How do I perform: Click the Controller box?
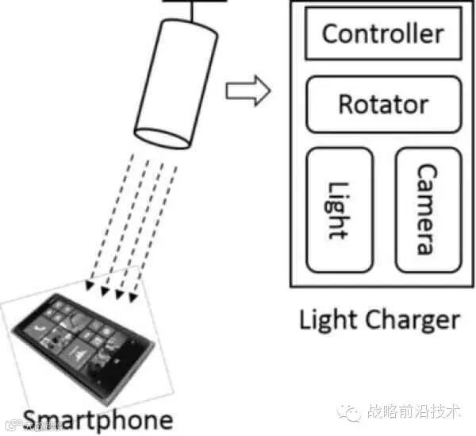point(382,33)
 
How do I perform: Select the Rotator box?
point(382,104)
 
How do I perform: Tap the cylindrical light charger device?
point(175,79)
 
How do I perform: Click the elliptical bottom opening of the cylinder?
point(163,136)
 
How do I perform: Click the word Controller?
point(382,33)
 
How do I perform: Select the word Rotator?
point(382,104)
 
